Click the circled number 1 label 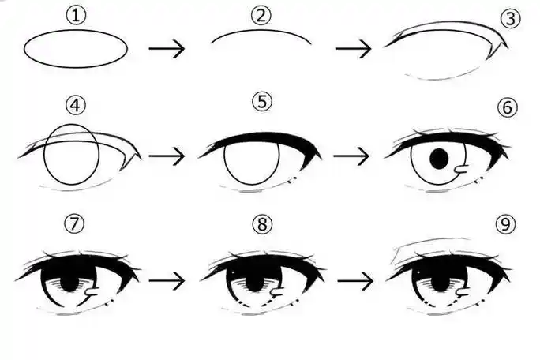tap(76, 16)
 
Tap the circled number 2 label tap(261, 16)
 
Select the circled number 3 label tap(510, 19)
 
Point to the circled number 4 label tap(76, 105)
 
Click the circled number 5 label tap(262, 102)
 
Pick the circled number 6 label tap(508, 108)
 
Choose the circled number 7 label tap(74, 223)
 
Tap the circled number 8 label tap(262, 224)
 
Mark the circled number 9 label tap(505, 224)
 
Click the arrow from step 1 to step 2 tap(167, 49)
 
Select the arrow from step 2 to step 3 tap(354, 49)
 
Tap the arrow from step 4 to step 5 tap(167, 156)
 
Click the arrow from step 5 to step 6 tap(351, 156)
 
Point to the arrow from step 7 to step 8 tap(167, 281)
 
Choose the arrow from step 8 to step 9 tap(355, 281)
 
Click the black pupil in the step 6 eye tap(439, 159)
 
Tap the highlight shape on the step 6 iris tap(462, 169)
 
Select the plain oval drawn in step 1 tap(76, 49)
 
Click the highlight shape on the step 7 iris tap(92, 291)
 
